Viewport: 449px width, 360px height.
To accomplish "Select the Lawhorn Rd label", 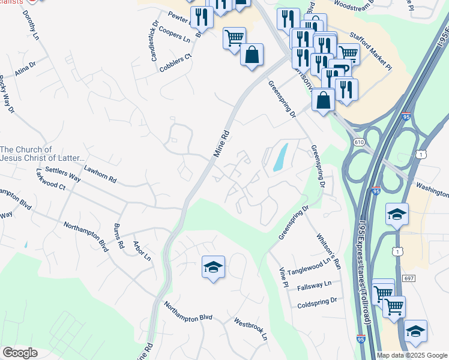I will tap(100, 175).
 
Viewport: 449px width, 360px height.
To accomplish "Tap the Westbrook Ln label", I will tap(251, 329).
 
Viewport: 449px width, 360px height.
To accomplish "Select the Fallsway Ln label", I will tap(315, 285).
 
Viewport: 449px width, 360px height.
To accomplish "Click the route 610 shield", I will tap(359, 142).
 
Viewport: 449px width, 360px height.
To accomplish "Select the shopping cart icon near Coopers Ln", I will tap(234, 38).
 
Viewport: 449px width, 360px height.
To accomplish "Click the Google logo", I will tap(20, 353).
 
